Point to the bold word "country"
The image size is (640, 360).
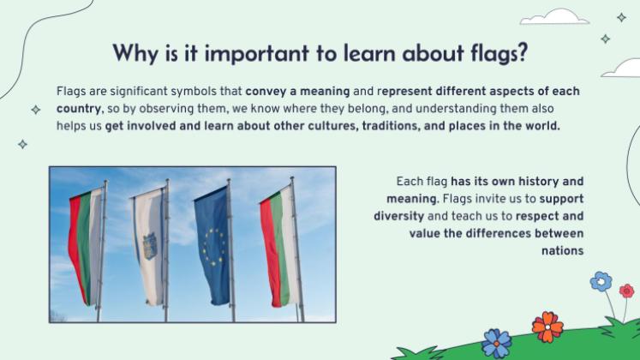click(x=78, y=109)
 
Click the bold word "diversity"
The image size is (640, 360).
click(x=398, y=215)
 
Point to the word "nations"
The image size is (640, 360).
click(x=562, y=250)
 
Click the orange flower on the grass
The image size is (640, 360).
click(x=547, y=326)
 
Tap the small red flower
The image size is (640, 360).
click(x=626, y=291)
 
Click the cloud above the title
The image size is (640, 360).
click(x=554, y=17)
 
